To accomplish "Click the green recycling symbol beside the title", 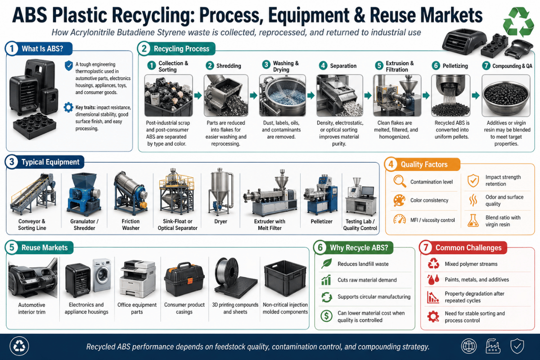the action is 518,22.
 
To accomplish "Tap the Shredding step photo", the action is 226,95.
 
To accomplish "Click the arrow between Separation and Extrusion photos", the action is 368,95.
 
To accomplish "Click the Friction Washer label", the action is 130,225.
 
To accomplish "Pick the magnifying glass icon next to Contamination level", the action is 400,181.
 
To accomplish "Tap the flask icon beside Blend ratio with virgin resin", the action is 473,220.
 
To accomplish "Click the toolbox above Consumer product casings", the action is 184,280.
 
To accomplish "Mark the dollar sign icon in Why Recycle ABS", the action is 326,316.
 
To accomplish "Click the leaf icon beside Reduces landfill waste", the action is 326,264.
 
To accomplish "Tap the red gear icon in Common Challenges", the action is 433,316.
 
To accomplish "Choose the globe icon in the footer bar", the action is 468,346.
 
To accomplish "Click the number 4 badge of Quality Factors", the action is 391,164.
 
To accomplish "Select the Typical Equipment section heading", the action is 50,162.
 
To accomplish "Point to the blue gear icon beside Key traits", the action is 68,108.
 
